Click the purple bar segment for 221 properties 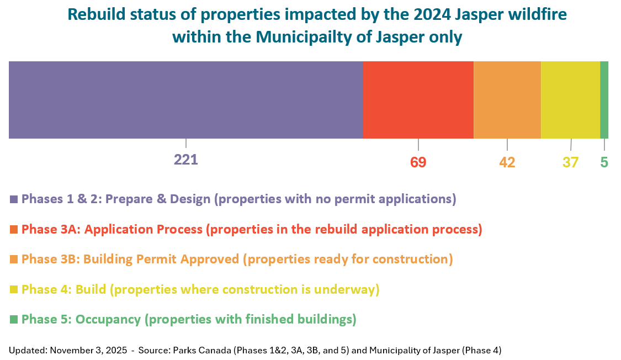pos(185,100)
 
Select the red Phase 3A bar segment pos(418,100)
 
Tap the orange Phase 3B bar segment pos(507,100)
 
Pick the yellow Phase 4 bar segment pos(571,100)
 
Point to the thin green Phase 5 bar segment pos(604,100)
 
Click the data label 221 pos(185,160)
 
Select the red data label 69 pos(418,162)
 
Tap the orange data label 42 pos(507,162)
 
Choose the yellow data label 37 pos(571,162)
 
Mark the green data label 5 pos(604,162)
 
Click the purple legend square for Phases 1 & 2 pos(14,199)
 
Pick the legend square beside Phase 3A pos(14,230)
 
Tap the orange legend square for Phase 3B pos(14,260)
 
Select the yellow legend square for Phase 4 pos(14,289)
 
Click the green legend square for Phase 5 pos(14,319)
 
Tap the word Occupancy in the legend pos(108,320)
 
